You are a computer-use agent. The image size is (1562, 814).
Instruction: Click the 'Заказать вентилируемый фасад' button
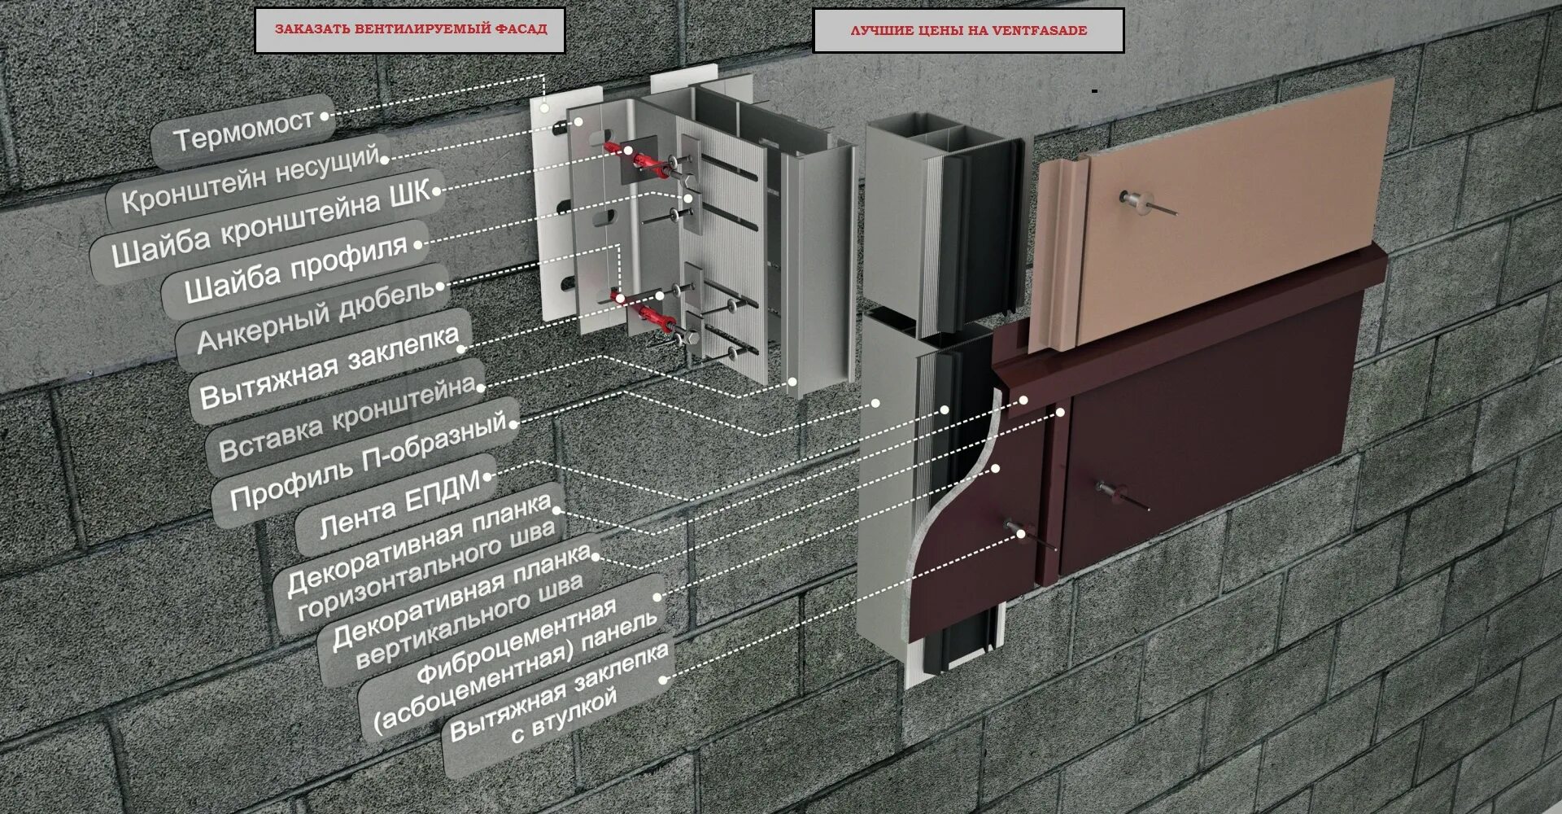tap(410, 30)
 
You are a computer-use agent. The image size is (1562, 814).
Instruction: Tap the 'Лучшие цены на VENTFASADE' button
tap(968, 31)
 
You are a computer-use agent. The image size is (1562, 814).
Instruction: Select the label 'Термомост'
tap(243, 129)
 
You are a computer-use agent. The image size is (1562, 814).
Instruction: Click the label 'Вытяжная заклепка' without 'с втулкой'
tap(329, 366)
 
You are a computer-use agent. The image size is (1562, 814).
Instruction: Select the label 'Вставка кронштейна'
tap(347, 419)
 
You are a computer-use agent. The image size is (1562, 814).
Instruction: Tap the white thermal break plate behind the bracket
tap(548, 203)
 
